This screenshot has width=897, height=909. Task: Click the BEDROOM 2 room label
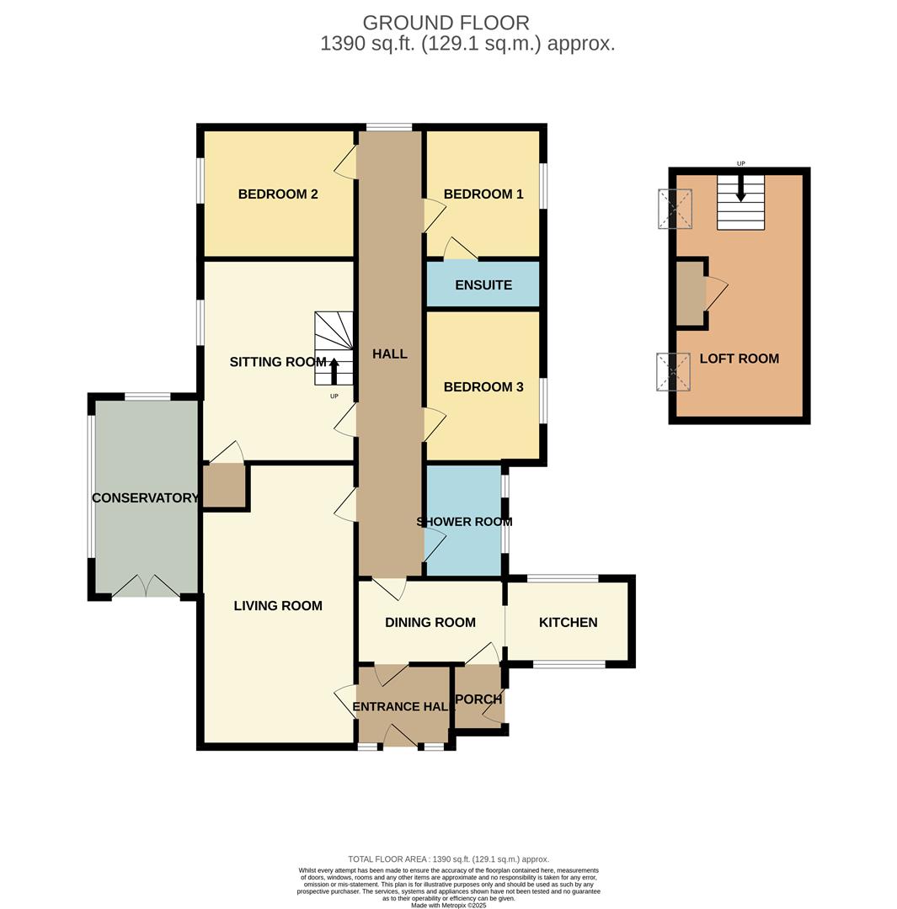278,194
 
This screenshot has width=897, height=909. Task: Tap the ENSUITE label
483,285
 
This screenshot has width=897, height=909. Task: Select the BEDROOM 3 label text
483,387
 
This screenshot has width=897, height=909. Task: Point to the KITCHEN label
569,623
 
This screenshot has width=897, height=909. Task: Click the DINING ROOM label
430,623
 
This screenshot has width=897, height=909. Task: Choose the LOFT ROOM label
739,359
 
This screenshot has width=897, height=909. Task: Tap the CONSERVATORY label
145,498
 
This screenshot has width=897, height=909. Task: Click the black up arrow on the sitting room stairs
334,371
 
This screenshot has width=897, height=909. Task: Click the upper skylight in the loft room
675,209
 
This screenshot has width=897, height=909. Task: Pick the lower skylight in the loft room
673,372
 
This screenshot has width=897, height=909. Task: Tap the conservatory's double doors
146,587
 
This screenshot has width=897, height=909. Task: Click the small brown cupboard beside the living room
224,486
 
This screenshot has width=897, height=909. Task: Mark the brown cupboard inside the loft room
691,294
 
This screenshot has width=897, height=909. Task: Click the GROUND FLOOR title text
446,23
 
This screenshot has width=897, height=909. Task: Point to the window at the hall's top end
389,127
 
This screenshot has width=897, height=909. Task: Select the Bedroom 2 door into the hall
346,162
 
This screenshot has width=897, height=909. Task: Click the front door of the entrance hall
401,737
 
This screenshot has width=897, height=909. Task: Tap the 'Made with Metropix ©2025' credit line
449,905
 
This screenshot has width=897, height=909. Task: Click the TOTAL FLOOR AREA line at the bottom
448,859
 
